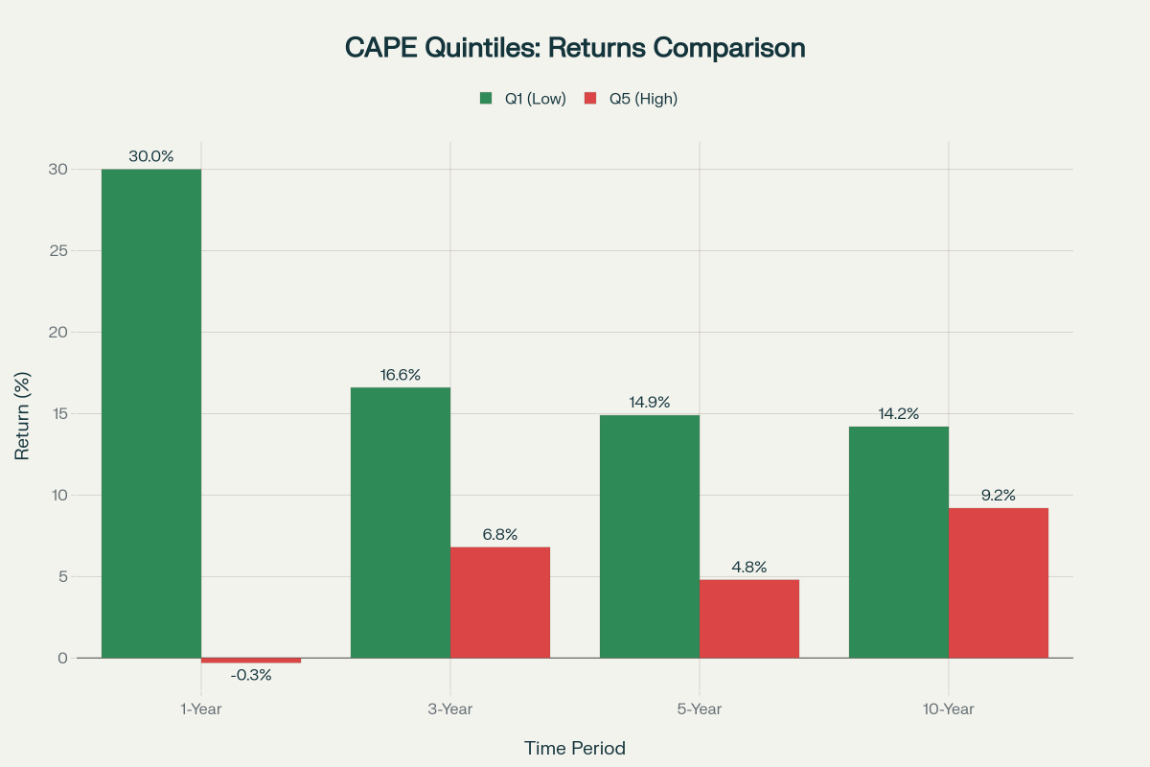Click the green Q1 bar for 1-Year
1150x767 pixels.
click(x=151, y=413)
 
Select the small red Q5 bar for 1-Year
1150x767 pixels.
click(x=251, y=661)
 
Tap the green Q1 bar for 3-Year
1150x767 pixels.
click(x=401, y=523)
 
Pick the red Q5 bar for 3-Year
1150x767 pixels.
click(x=500, y=602)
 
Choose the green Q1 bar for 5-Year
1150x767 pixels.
click(x=650, y=536)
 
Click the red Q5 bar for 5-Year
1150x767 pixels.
click(x=749, y=618)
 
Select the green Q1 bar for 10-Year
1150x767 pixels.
click(x=899, y=542)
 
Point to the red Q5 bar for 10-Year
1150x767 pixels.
click(x=999, y=583)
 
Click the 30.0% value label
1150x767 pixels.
click(x=151, y=156)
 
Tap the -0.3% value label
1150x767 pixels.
click(x=251, y=675)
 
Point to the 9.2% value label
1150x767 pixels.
click(x=999, y=496)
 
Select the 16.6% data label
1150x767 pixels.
click(x=401, y=375)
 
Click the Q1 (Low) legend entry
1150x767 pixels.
click(x=524, y=99)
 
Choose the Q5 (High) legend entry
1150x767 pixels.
click(x=632, y=99)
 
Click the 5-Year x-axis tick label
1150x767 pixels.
click(x=700, y=709)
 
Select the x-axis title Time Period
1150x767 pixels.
click(x=575, y=748)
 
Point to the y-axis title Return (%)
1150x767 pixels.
click(x=23, y=414)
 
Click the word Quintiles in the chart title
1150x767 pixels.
click(x=470, y=48)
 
